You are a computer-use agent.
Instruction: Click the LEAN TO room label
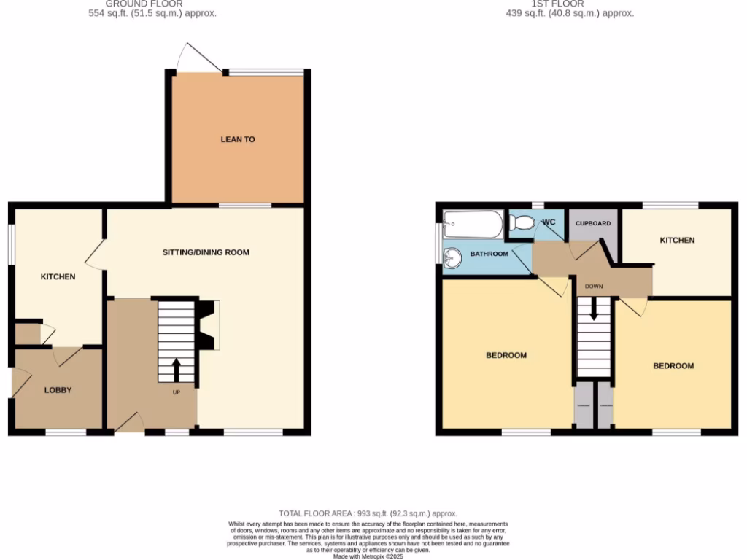coord(238,139)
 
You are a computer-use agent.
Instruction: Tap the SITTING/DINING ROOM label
coord(206,252)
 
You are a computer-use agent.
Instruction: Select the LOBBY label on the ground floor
coord(58,390)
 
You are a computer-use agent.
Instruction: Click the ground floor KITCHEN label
coord(58,277)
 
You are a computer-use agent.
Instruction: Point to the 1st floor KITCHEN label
coord(677,240)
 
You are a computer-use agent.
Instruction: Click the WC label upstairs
coord(549,222)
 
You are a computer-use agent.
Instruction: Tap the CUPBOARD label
coord(593,222)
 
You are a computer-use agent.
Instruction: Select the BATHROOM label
coord(488,254)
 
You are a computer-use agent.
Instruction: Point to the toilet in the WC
coord(521,225)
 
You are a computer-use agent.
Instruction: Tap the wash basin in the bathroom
coord(453,256)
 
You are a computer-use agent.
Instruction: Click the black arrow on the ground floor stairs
coord(176,367)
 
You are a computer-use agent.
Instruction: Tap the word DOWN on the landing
coord(593,287)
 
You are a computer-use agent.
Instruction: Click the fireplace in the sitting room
coord(209,324)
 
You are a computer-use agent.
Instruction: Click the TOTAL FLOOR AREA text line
coord(373,513)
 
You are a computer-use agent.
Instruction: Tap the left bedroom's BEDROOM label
coord(506,355)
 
